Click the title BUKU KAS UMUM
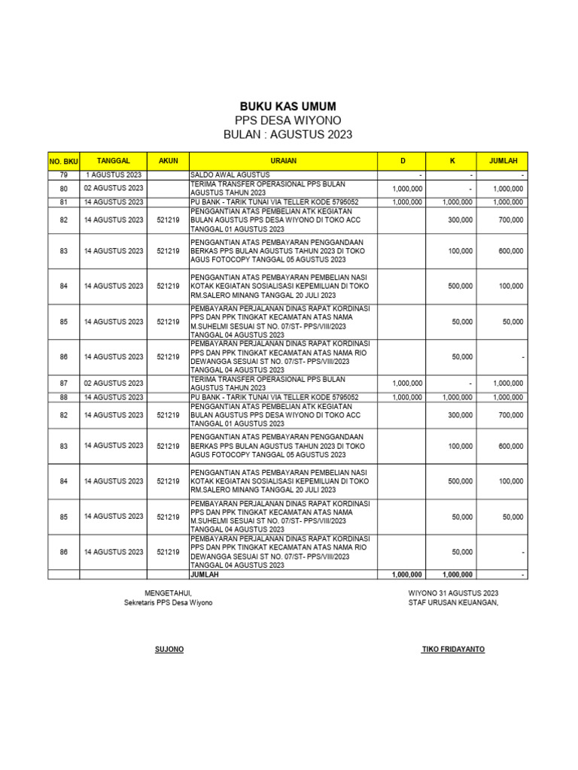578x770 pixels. point(288,106)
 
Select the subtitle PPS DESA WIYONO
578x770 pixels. point(288,120)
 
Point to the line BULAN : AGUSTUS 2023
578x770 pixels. point(288,135)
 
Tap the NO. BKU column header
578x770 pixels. point(64,161)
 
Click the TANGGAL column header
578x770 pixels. point(114,160)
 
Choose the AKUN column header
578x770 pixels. point(168,160)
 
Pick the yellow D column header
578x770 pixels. point(402,160)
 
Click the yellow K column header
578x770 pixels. point(452,160)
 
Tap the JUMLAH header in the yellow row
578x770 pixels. point(503,160)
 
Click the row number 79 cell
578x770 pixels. point(64,175)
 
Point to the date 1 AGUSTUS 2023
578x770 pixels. point(114,175)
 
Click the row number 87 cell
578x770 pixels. point(64,383)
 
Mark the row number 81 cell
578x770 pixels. point(64,202)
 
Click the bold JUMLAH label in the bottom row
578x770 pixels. point(205,574)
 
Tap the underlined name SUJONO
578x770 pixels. point(169,649)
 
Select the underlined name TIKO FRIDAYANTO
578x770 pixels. point(453,649)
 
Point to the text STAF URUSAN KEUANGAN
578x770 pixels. point(453,602)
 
